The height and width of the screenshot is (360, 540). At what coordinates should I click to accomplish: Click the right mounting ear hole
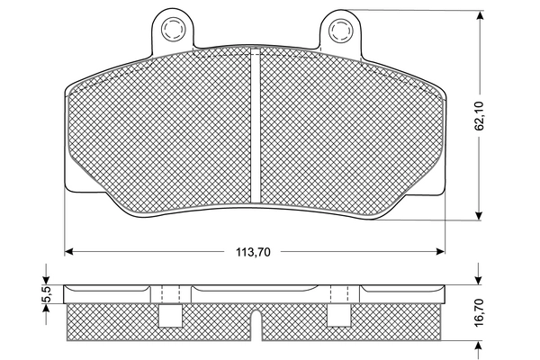coord(340,31)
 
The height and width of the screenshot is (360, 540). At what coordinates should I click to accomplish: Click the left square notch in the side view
coord(167,314)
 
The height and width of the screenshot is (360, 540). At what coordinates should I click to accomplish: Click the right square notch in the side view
coord(338,314)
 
